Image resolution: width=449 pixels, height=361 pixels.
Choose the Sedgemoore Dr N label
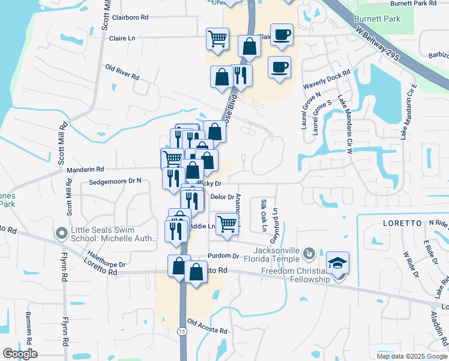(115, 180)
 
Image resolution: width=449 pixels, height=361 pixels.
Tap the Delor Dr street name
(221, 197)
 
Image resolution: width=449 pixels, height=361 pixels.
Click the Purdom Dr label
(223, 256)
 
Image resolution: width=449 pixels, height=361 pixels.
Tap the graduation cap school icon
(337, 264)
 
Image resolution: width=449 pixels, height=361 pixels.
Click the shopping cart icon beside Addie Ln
(228, 224)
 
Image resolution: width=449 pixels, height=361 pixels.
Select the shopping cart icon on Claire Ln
(217, 39)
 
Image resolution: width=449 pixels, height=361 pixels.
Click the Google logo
(20, 354)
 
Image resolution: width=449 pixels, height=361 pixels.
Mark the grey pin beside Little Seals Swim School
(61, 233)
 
